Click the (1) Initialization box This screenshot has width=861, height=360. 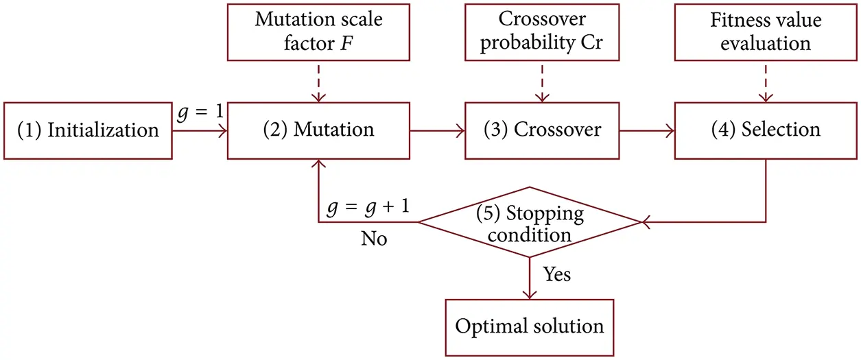[87, 130]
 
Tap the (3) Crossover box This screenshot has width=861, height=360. [542, 130]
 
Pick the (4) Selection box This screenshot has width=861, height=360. [766, 130]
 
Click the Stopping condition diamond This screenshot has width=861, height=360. [529, 222]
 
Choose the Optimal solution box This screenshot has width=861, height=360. [529, 326]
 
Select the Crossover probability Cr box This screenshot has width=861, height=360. [542, 31]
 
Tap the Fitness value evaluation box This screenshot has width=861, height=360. [766, 31]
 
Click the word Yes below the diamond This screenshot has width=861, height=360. [557, 275]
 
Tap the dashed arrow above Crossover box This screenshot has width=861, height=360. [542, 82]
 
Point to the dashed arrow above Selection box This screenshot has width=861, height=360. [766, 82]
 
